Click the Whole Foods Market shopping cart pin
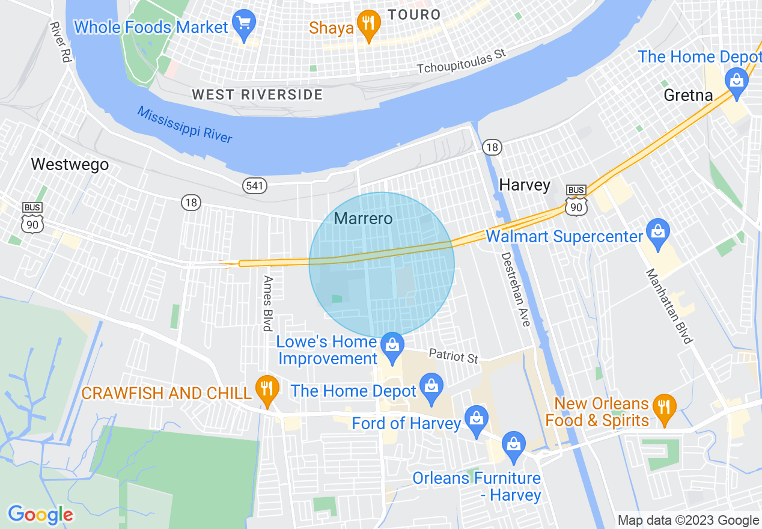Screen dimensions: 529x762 click(x=244, y=25)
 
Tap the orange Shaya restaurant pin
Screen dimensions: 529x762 click(x=366, y=25)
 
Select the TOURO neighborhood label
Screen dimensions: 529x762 click(x=414, y=14)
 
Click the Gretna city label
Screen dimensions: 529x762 click(x=688, y=95)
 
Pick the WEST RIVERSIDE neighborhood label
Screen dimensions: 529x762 click(x=257, y=94)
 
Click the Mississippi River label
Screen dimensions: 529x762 click(x=184, y=124)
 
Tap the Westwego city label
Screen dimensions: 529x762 click(x=70, y=164)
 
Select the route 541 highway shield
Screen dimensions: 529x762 click(x=255, y=186)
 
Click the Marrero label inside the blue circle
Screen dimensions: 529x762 click(x=363, y=218)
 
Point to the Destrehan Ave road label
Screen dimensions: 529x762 click(x=516, y=289)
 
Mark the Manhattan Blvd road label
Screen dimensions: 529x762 click(x=669, y=306)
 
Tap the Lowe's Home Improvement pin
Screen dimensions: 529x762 click(x=392, y=346)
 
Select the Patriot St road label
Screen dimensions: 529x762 click(x=454, y=356)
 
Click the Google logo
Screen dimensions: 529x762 click(x=40, y=515)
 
